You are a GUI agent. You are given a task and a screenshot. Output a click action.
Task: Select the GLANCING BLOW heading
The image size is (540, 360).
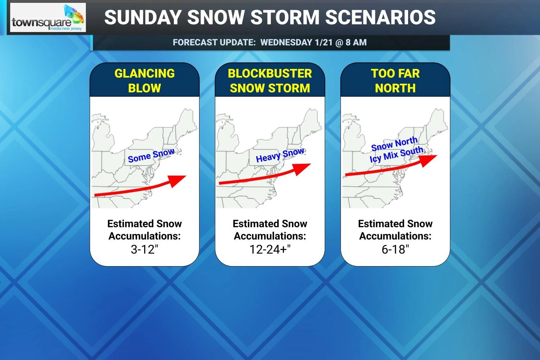[x=145, y=81]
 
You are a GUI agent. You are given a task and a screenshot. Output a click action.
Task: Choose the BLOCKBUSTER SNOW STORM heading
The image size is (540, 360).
[x=270, y=81]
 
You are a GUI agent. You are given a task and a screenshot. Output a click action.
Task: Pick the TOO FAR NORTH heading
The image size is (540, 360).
[x=395, y=81]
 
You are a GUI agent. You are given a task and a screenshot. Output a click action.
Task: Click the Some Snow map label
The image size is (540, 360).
[x=151, y=155]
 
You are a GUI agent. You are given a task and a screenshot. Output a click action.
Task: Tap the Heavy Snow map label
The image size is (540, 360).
[x=280, y=155]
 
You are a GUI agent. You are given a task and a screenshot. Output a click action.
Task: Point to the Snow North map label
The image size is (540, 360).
[x=394, y=144]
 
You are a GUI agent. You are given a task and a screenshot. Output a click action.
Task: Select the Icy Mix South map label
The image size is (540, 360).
[x=396, y=154]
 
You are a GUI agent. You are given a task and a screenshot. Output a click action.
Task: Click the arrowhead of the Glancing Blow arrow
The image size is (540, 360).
[x=179, y=180]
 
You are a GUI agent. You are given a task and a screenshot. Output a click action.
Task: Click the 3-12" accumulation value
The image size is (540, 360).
[x=145, y=249]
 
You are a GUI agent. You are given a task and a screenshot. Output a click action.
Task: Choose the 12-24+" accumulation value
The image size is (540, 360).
[x=270, y=249]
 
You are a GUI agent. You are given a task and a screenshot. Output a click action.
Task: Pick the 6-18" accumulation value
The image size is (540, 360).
[x=395, y=249]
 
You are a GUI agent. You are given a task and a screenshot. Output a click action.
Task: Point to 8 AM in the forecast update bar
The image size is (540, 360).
[x=356, y=43]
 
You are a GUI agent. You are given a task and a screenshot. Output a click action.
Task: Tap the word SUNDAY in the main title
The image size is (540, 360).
[x=142, y=17]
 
